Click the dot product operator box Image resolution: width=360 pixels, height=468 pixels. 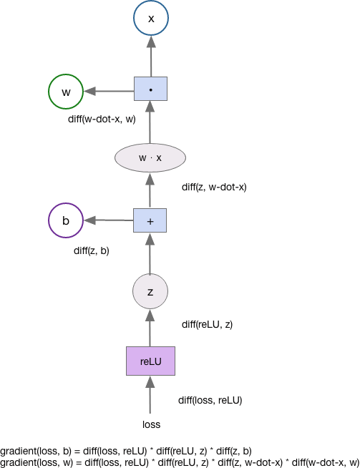pos(150,89)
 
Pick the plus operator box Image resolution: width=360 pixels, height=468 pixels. pos(150,220)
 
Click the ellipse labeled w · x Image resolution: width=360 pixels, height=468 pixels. pos(150,157)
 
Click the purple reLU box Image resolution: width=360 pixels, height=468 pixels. pos(150,361)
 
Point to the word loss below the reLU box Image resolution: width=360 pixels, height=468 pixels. pos(151,424)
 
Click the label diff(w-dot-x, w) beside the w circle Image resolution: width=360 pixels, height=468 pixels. pos(102,119)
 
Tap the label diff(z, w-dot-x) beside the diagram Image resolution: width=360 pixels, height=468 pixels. pos(214,187)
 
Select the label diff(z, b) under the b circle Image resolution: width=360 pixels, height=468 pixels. pos(92,250)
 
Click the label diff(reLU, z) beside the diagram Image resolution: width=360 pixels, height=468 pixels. pos(207,324)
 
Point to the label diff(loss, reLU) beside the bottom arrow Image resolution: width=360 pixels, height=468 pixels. pos(210,400)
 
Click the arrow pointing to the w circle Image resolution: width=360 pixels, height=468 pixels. pos(109,92)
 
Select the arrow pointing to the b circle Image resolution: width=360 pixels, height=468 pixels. pos(109,220)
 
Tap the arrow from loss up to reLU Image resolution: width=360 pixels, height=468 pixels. pos(150,394)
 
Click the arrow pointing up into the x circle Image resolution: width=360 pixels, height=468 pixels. pos(151,57)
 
